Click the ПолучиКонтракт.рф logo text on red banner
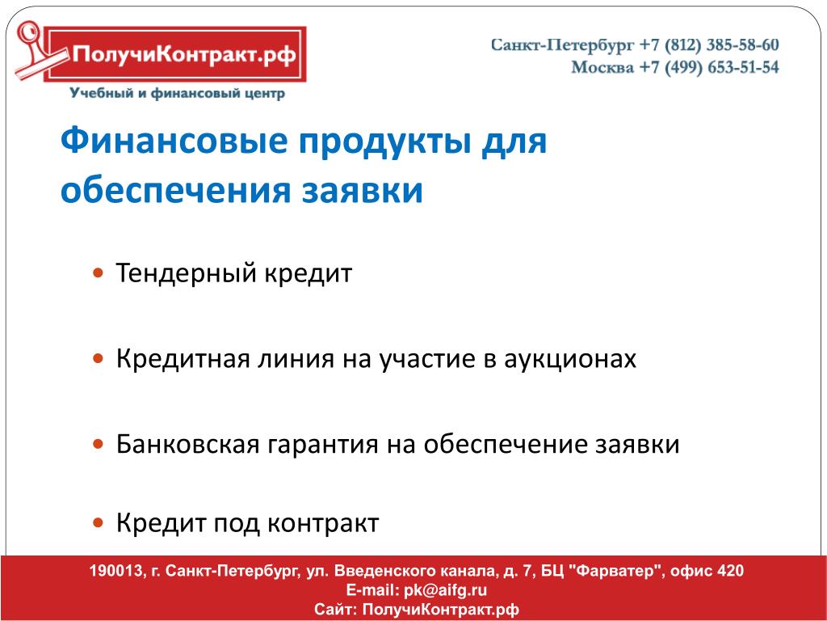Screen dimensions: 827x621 tap(184, 55)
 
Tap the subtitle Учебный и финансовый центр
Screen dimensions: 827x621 tap(177, 94)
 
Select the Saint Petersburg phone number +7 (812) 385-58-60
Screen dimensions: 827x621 tap(709, 45)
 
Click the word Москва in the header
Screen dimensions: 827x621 tap(602, 68)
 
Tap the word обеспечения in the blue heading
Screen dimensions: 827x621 tap(175, 190)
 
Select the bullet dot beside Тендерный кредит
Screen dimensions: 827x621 tap(98, 273)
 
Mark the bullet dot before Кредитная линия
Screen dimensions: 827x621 tap(98, 358)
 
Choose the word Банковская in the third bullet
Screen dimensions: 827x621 tap(187, 444)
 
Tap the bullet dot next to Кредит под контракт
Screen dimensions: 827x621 tap(98, 523)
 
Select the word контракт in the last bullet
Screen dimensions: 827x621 tap(323, 524)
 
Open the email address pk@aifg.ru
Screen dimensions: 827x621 tap(445, 589)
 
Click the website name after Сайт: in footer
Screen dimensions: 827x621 tap(440, 610)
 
